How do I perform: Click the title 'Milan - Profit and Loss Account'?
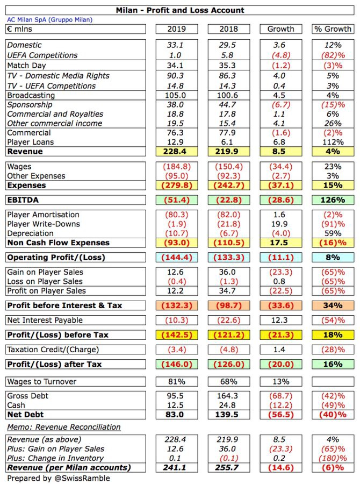(x=180, y=10)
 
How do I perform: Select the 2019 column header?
(x=177, y=29)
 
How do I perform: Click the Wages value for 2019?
(x=177, y=167)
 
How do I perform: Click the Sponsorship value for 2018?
(x=229, y=105)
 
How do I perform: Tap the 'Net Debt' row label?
(x=25, y=414)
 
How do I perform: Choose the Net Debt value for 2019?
(x=177, y=414)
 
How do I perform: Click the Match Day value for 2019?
(x=177, y=66)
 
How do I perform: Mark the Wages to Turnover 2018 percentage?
(x=229, y=382)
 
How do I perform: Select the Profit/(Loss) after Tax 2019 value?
(x=177, y=364)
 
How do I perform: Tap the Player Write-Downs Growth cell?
(x=280, y=224)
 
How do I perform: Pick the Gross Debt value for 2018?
(x=229, y=395)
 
